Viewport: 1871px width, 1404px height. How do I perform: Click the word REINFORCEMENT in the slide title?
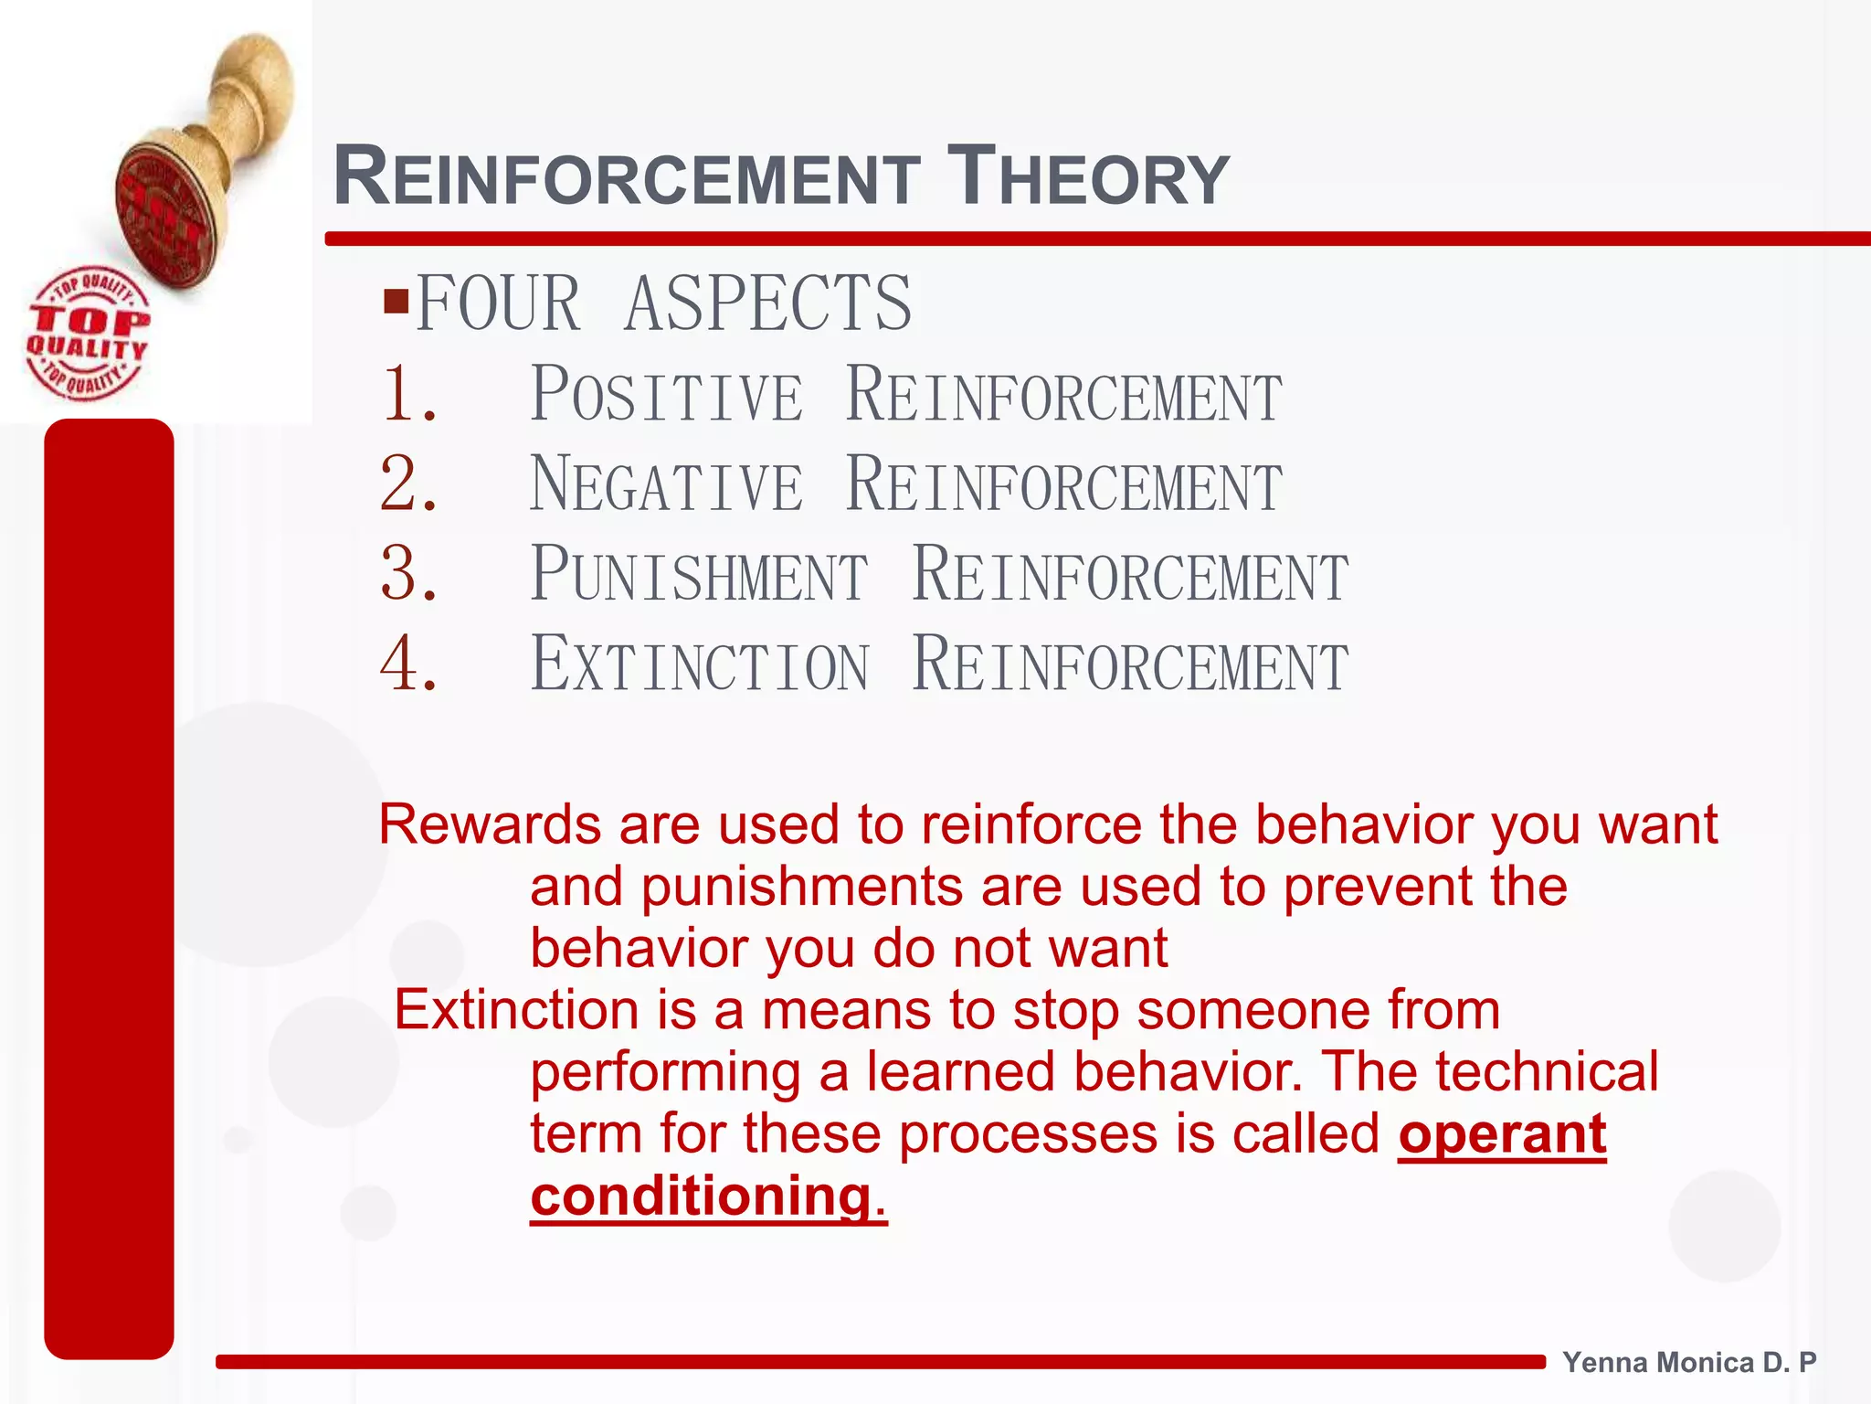pyautogui.click(x=627, y=176)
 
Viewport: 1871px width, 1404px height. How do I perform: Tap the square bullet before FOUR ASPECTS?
pyautogui.click(x=396, y=301)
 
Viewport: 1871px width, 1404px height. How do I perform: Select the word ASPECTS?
pyautogui.click(x=767, y=303)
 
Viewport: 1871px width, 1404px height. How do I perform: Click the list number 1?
pyautogui.click(x=408, y=394)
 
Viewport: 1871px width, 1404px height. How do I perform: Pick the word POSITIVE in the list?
pyautogui.click(x=667, y=395)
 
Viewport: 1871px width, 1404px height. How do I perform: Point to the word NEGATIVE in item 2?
pyautogui.click(x=667, y=484)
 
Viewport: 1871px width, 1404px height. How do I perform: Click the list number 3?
pyautogui.click(x=408, y=574)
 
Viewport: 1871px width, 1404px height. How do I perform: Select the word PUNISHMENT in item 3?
pyautogui.click(x=700, y=574)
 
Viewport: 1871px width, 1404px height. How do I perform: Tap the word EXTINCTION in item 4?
pyautogui.click(x=700, y=665)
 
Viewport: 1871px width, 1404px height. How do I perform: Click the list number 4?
pyautogui.click(x=408, y=664)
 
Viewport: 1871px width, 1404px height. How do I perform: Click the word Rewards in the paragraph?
pyautogui.click(x=489, y=824)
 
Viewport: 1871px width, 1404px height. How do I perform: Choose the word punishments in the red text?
pyautogui.click(x=801, y=887)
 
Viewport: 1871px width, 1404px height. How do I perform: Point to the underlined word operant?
pyautogui.click(x=1501, y=1134)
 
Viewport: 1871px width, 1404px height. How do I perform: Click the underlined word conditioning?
pyautogui.click(x=701, y=1196)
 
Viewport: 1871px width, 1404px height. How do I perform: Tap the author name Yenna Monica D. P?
pyautogui.click(x=1689, y=1362)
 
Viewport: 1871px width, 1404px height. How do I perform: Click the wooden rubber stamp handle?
pyautogui.click(x=247, y=101)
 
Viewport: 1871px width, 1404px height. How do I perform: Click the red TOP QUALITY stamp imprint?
pyautogui.click(x=87, y=334)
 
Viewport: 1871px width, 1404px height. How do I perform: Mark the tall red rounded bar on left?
pyautogui.click(x=109, y=887)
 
